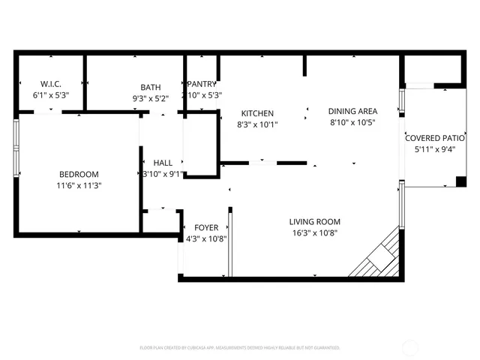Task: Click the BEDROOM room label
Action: (x=78, y=174)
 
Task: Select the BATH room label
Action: (x=150, y=87)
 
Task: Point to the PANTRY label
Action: (x=202, y=84)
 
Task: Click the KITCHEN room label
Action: (x=256, y=113)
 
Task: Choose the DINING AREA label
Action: (x=352, y=111)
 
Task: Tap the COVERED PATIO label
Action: (x=435, y=138)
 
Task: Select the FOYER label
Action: (x=206, y=228)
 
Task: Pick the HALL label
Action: (x=163, y=163)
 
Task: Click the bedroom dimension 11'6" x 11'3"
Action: (x=78, y=185)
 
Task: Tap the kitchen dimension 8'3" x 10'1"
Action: (x=256, y=124)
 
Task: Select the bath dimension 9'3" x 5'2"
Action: (x=150, y=97)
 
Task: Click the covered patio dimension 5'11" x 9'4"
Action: (x=435, y=149)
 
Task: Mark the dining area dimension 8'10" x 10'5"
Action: (x=352, y=122)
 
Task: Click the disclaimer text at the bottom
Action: (x=240, y=348)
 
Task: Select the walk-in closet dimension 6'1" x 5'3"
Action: (x=50, y=96)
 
